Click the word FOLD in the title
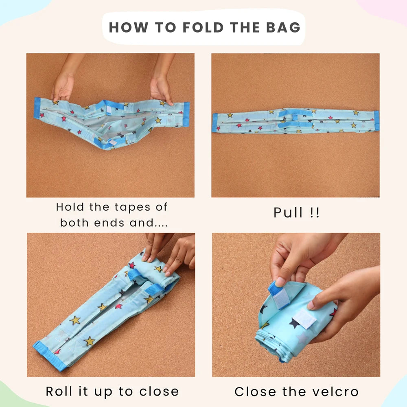tap(203, 27)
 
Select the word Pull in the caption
tap(288, 212)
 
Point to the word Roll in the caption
tap(59, 391)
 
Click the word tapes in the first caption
tap(132, 208)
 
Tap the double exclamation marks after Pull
tap(315, 212)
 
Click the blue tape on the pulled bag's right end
tap(376, 121)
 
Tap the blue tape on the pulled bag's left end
tap(214, 123)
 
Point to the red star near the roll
tap(131, 265)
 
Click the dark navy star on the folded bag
tap(295, 323)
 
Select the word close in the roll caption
tap(159, 391)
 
